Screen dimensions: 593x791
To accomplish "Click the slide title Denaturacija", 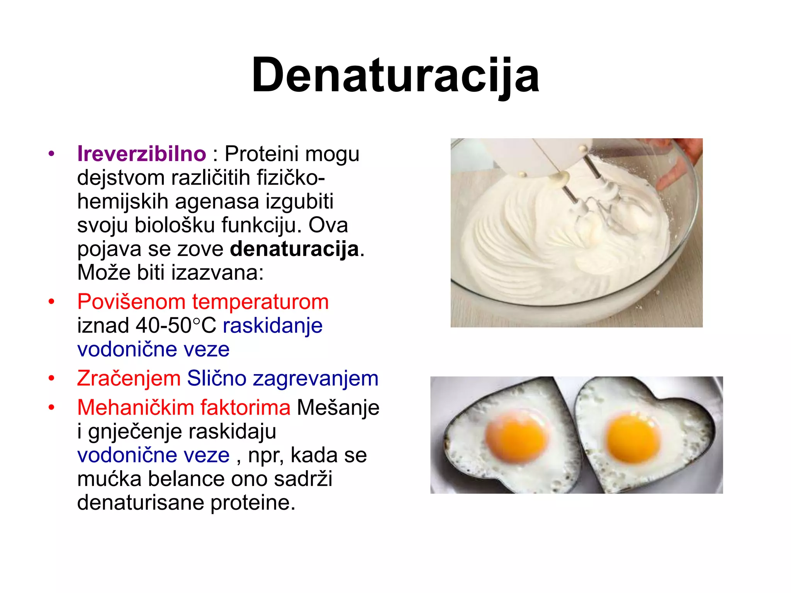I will (395, 75).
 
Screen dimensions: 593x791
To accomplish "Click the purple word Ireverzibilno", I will (141, 154).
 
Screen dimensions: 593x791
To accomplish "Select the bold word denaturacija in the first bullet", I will (294, 249).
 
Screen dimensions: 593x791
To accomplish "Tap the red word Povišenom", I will (131, 302).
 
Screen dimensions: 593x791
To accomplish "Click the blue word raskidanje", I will (272, 325).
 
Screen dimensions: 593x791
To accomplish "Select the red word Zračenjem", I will (129, 378).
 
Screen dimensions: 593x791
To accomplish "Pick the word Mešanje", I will (338, 407).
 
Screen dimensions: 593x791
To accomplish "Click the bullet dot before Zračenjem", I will (51, 378).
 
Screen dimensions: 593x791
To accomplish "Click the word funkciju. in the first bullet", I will (261, 225).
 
